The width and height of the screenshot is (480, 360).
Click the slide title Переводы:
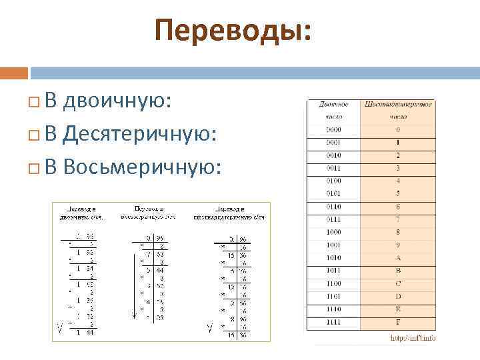[233, 30]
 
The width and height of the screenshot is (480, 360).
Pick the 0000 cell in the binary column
[333, 130]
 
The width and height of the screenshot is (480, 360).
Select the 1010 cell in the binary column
[333, 257]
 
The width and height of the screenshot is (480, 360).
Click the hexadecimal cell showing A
[398, 257]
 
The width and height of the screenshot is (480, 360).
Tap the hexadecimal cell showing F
[398, 322]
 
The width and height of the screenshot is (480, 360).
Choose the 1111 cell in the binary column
[333, 322]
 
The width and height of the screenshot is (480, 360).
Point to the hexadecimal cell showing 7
[398, 219]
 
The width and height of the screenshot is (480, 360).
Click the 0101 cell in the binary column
[333, 194]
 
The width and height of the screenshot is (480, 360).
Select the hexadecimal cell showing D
[398, 296]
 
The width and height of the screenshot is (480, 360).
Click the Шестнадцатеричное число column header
[398, 110]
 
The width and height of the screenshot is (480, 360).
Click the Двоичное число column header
[333, 110]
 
